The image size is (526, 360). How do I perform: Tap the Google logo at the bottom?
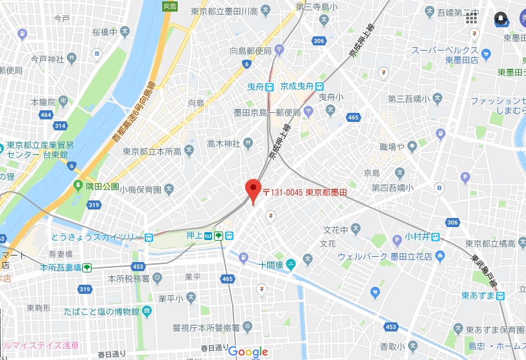[x=248, y=352]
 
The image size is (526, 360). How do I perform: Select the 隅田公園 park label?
[x=102, y=186]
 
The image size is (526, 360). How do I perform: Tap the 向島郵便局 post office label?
[x=250, y=50]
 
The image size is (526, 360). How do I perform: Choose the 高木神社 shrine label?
[x=224, y=143]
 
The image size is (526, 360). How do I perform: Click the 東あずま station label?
[x=479, y=295]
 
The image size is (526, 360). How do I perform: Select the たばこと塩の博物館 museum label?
[x=102, y=311]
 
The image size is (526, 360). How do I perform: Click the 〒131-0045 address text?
[x=305, y=193]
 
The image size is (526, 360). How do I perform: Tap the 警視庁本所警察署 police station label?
[x=206, y=327]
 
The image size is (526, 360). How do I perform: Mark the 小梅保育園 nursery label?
[x=139, y=189]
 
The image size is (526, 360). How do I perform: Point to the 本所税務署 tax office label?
[x=129, y=278]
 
